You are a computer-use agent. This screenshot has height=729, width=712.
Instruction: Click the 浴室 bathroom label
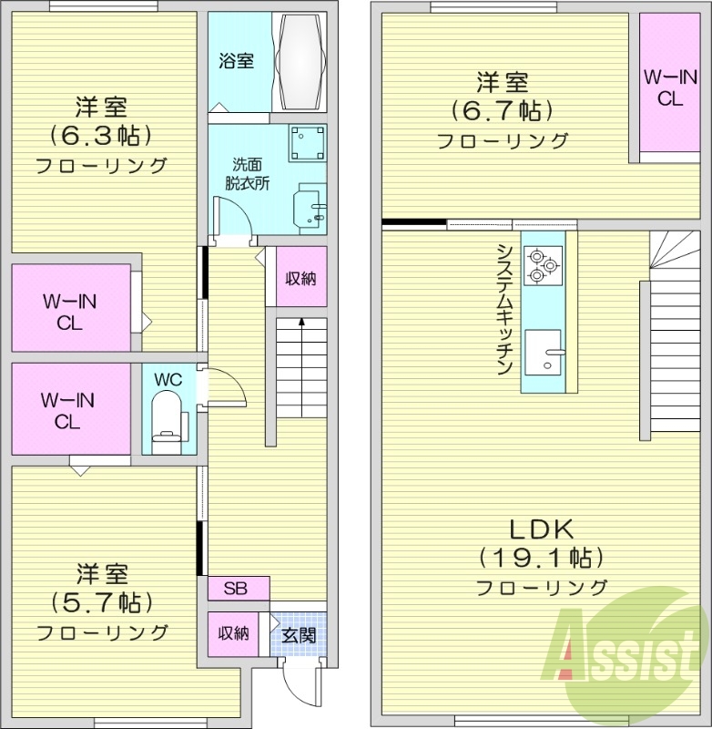(x=236, y=62)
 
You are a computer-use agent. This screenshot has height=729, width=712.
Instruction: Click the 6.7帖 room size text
(x=503, y=112)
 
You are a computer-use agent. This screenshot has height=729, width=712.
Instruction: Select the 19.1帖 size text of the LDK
(x=539, y=557)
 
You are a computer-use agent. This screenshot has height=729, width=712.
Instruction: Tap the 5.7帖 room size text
(x=101, y=603)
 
